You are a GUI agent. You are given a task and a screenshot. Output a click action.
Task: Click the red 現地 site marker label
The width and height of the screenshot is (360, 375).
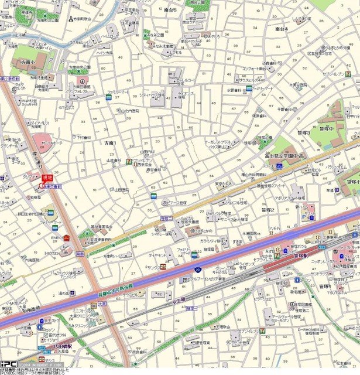[x=47, y=178]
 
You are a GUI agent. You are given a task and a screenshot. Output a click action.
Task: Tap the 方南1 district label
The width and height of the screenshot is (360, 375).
[x=110, y=143]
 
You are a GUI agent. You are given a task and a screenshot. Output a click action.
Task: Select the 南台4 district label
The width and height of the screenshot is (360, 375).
[x=282, y=28]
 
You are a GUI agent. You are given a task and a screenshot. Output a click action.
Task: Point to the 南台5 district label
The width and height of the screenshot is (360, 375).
[x=171, y=10]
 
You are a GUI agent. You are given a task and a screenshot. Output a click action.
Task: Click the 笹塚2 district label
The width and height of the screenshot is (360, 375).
[x=268, y=210]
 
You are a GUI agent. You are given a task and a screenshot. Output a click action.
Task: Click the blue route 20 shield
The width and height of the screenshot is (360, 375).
[x=198, y=270]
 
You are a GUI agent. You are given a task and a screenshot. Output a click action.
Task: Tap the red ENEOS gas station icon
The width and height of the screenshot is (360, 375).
[x=67, y=237]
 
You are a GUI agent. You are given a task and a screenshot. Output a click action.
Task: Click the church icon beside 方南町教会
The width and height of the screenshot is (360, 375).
[x=70, y=19]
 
